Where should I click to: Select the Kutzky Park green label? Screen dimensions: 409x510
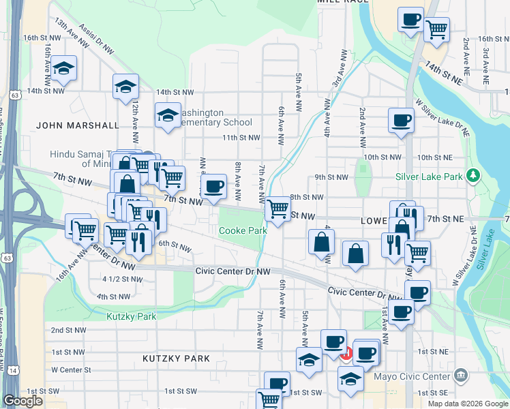(x=131, y=316)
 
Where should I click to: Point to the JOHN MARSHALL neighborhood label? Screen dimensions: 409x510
(x=68, y=125)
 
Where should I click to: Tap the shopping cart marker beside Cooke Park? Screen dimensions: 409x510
(x=277, y=209)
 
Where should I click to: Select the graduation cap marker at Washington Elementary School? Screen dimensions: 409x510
(x=167, y=116)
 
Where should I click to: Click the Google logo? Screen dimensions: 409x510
(x=22, y=401)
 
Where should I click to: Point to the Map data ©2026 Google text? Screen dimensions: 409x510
(x=468, y=404)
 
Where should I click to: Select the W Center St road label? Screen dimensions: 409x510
(x=71, y=370)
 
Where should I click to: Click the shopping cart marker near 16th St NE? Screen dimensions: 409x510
(x=436, y=29)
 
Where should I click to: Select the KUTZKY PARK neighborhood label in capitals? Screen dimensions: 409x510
(x=176, y=358)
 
